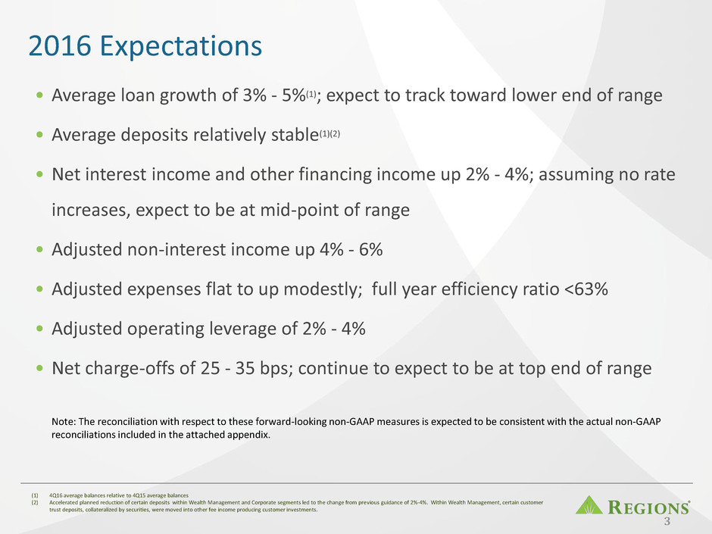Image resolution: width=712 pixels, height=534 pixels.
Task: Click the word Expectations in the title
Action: click(181, 46)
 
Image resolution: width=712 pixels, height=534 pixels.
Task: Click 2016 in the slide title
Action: click(60, 45)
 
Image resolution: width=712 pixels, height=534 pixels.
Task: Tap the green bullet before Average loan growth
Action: click(40, 95)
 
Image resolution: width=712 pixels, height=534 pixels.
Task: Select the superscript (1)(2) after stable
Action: click(329, 133)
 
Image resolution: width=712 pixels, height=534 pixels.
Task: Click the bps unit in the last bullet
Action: click(276, 369)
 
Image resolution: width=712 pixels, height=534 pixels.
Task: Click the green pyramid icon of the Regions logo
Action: click(589, 505)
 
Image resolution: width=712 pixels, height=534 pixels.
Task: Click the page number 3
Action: click(667, 521)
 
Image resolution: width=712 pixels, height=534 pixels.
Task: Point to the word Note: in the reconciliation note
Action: click(63, 421)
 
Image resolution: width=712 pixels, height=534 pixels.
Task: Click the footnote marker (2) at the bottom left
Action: click(35, 503)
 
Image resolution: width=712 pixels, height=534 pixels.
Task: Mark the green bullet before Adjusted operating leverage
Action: click(40, 328)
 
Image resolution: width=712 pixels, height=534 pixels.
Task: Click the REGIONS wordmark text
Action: click(648, 507)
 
